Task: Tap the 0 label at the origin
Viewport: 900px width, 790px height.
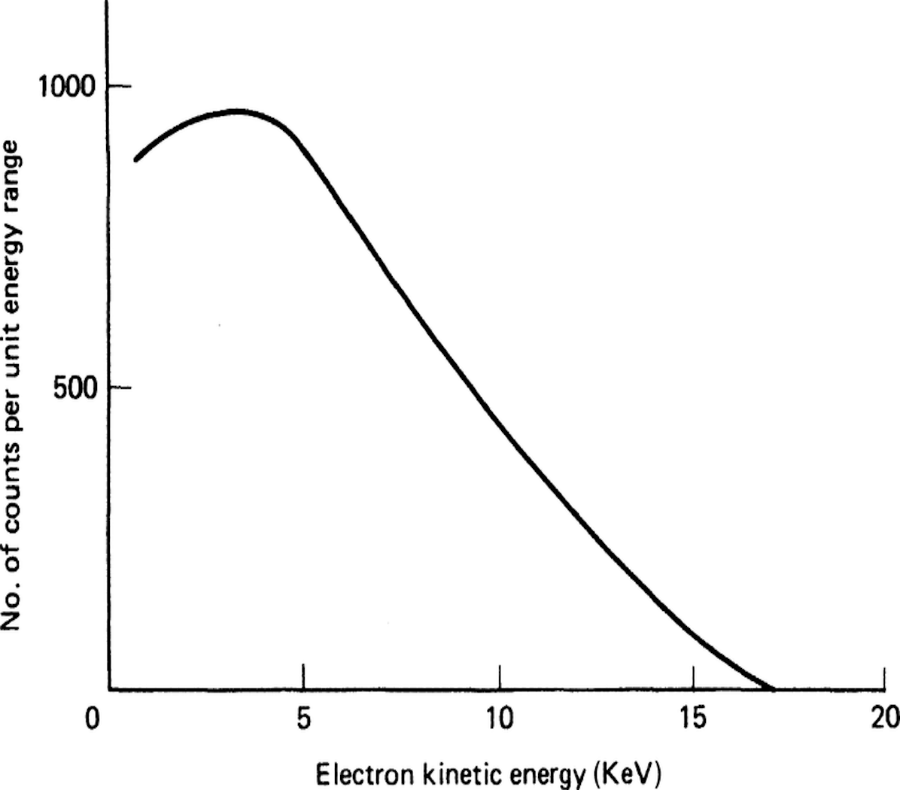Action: pyautogui.click(x=93, y=718)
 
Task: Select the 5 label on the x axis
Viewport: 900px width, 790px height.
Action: pyautogui.click(x=303, y=718)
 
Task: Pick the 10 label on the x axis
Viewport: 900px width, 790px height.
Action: pyautogui.click(x=498, y=718)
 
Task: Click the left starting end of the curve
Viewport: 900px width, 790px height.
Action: pyautogui.click(x=135, y=160)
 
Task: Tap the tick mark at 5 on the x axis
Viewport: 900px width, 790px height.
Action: pyautogui.click(x=303, y=676)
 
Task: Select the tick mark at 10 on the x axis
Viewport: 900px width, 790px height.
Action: pyautogui.click(x=499, y=676)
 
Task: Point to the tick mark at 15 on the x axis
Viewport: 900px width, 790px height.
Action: pyautogui.click(x=693, y=676)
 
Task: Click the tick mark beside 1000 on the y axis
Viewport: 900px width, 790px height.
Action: pyautogui.click(x=120, y=87)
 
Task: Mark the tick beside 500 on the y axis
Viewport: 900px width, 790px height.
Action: pyautogui.click(x=120, y=388)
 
